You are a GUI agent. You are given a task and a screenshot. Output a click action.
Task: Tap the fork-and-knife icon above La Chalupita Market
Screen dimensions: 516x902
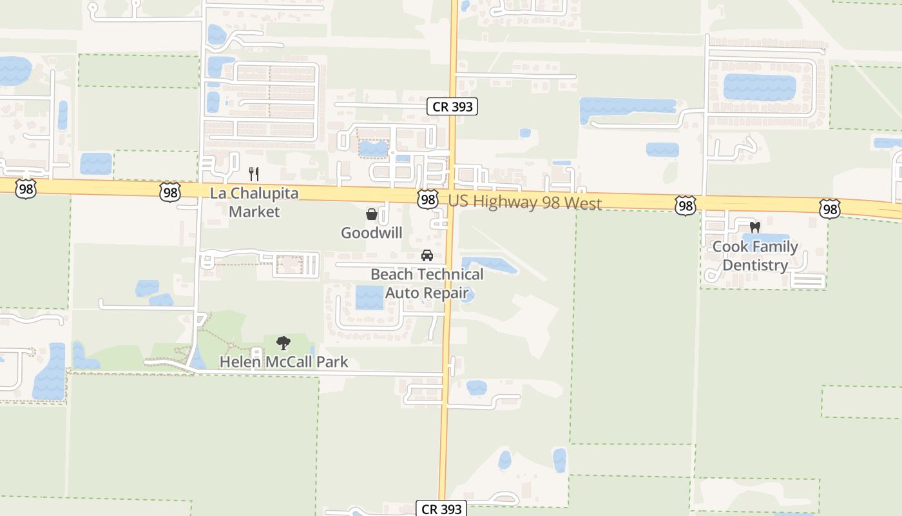(x=254, y=174)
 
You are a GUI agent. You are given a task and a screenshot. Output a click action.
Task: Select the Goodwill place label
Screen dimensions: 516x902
(x=372, y=233)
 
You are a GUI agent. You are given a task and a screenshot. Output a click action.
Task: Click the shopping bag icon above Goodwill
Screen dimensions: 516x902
(x=372, y=214)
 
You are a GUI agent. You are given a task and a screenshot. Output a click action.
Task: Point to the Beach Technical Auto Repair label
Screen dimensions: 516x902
(x=427, y=284)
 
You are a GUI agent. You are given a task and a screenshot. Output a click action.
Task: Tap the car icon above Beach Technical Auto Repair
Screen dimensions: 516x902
(x=427, y=255)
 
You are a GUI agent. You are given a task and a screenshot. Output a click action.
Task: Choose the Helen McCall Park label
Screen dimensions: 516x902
(x=283, y=362)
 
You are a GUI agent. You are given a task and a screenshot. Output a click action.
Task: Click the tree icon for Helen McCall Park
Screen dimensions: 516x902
(x=283, y=342)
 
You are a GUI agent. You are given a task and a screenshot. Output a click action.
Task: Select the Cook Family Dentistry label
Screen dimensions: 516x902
(x=755, y=256)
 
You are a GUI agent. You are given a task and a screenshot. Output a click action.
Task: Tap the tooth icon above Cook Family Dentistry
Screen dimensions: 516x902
(x=755, y=227)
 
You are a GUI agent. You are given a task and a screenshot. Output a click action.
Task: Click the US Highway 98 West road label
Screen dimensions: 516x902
(x=525, y=202)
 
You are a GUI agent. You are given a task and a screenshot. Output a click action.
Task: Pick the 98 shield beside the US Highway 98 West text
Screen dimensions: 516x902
(x=427, y=199)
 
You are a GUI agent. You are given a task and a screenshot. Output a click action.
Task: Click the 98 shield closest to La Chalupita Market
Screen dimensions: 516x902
(x=170, y=192)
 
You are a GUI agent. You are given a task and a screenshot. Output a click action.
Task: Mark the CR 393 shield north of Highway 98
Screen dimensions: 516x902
(x=453, y=106)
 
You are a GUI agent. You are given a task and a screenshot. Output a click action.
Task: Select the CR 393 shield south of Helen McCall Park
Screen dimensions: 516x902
(x=441, y=509)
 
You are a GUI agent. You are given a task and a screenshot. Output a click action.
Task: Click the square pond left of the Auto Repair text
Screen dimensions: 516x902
(x=369, y=297)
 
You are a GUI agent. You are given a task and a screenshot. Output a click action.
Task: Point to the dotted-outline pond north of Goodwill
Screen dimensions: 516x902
(x=373, y=149)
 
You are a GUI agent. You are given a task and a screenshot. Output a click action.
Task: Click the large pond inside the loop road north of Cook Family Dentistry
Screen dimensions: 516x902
(x=760, y=88)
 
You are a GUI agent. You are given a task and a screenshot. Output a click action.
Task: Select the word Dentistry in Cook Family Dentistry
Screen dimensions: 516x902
(x=755, y=265)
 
